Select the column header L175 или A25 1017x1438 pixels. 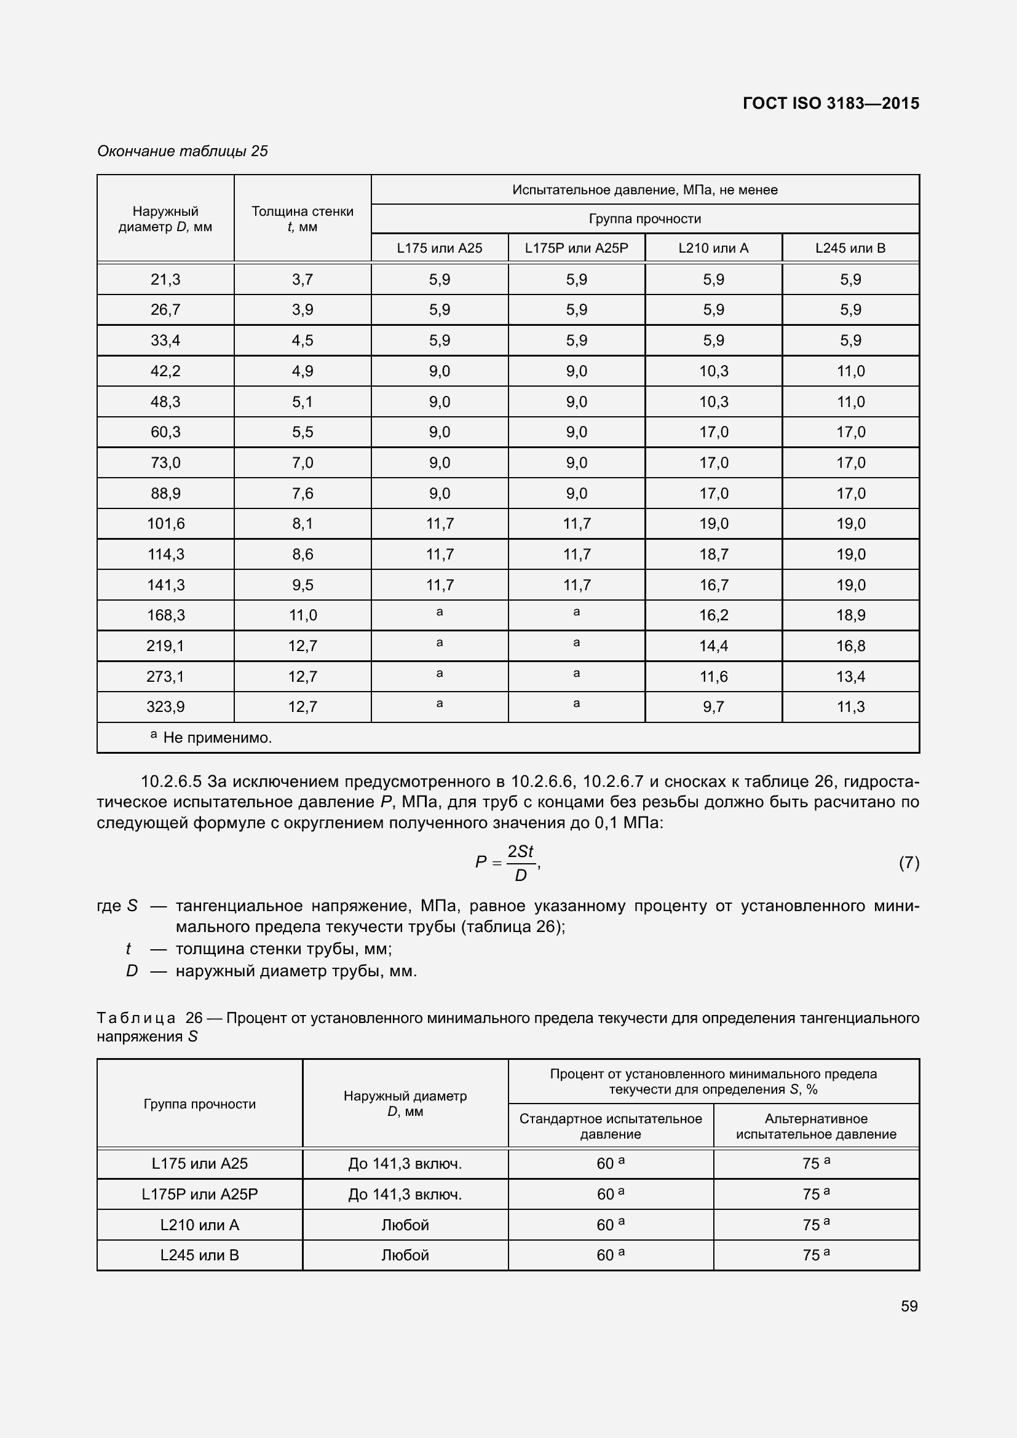pos(440,248)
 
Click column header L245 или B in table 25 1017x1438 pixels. pos(850,248)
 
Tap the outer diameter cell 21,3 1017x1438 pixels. pos(165,279)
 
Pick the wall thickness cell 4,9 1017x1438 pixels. pos(303,371)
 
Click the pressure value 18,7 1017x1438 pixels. pos(713,555)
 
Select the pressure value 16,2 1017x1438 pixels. pos(713,615)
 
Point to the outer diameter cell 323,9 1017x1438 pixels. pos(165,707)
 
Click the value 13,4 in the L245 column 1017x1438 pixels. pos(850,676)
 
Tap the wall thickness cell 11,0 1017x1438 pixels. pos(303,615)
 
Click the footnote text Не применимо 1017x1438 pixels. pos(216,738)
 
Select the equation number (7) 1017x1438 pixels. pos(909,863)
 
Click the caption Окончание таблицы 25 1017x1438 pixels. pos(182,151)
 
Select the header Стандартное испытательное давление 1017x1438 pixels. pos(611,1126)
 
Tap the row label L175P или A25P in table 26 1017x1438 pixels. pos(199,1195)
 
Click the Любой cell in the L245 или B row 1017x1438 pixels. pos(405,1255)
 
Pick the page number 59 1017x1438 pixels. pos(909,1306)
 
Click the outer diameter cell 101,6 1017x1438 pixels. pos(165,524)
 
